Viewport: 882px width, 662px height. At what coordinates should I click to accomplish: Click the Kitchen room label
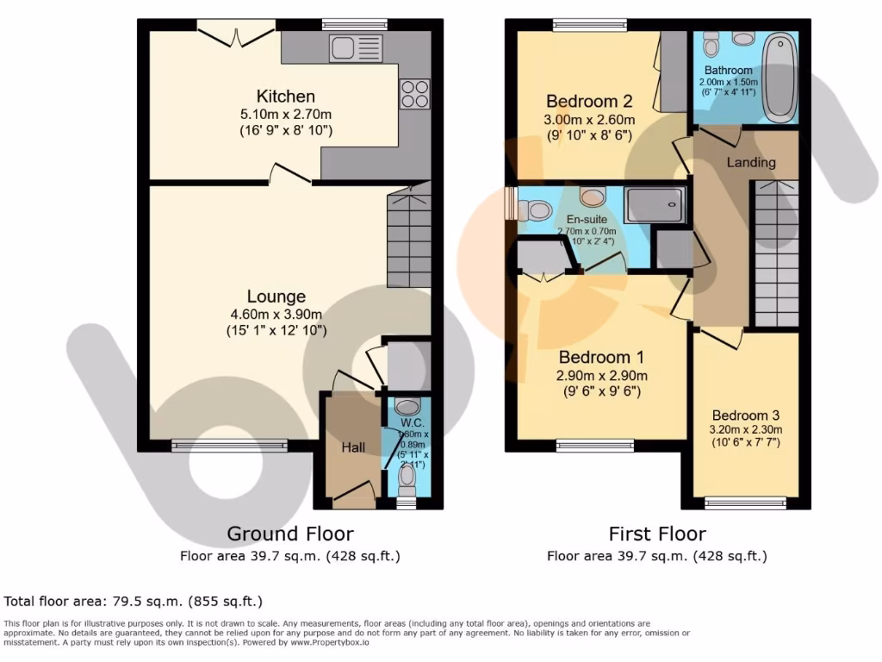285,96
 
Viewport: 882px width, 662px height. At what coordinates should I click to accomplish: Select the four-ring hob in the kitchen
414,94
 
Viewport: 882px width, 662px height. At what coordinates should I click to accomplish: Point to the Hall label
353,447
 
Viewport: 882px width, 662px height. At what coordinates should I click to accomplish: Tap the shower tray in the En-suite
655,205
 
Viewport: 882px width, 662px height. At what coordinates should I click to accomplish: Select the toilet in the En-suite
537,209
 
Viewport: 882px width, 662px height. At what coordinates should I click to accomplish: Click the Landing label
750,162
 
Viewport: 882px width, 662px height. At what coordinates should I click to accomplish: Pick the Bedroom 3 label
745,415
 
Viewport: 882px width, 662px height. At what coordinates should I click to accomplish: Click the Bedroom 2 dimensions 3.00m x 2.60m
589,120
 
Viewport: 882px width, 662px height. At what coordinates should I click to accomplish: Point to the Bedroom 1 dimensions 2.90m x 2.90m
602,376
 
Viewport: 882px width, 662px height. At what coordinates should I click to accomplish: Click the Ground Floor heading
289,534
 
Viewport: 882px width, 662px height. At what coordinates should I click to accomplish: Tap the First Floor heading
656,534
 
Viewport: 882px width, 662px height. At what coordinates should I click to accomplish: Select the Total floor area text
134,601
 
